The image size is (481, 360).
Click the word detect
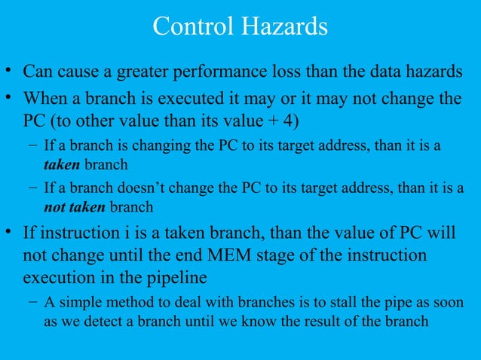coord(97,322)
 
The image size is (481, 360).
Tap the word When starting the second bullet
coord(45,99)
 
